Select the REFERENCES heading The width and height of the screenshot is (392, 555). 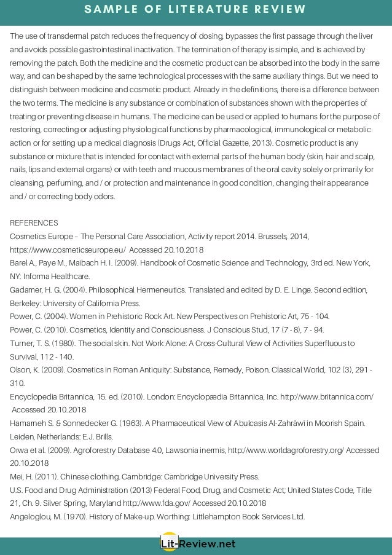tap(34, 222)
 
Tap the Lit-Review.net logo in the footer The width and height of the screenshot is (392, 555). tap(196, 543)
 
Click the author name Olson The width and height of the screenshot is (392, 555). tap(21, 369)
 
